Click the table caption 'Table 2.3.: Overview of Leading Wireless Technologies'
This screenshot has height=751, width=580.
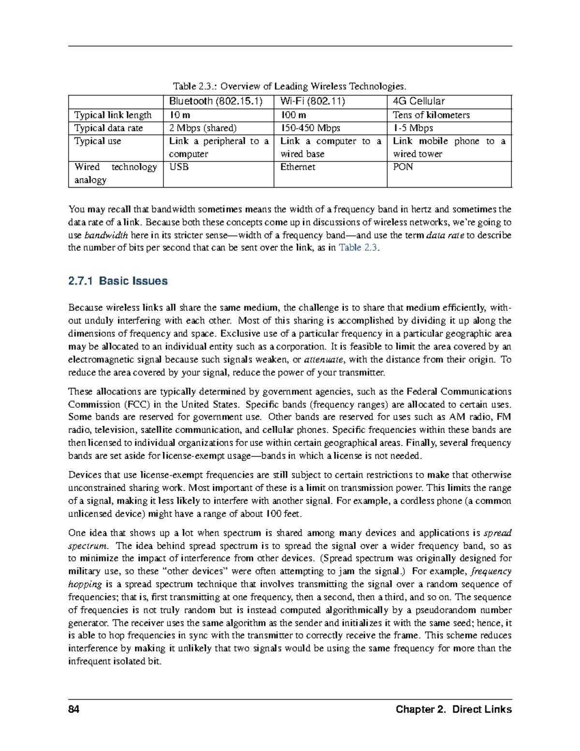(x=290, y=87)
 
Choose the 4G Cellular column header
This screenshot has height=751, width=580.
(x=419, y=101)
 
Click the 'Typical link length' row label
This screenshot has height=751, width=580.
(x=113, y=115)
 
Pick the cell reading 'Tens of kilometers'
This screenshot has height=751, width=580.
(x=431, y=115)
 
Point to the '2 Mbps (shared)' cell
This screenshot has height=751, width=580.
(x=203, y=128)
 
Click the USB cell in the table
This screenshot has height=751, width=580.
(x=179, y=167)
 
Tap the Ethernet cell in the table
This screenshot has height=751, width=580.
(x=298, y=167)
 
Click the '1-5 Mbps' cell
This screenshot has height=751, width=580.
(x=413, y=128)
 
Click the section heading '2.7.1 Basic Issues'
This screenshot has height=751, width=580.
(x=118, y=281)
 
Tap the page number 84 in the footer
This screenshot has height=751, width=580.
(x=74, y=709)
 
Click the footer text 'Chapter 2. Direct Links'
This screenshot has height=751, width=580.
(x=453, y=709)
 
